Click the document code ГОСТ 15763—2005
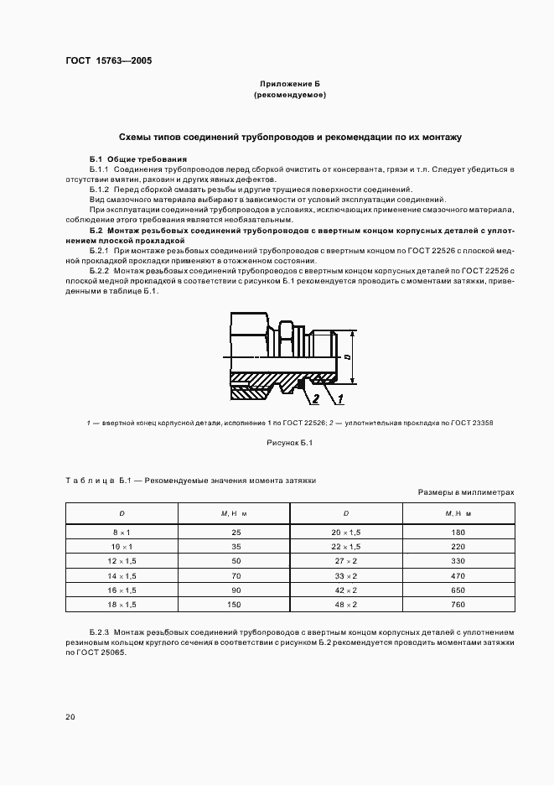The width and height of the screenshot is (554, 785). [109, 61]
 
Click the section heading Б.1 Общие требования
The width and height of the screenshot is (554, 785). [137, 159]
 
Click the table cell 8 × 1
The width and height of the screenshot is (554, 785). [122, 533]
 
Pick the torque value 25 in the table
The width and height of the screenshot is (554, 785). [235, 533]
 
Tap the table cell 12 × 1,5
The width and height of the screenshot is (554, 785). [122, 559]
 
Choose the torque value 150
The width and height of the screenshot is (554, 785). [235, 604]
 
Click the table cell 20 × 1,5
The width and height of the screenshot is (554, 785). [345, 533]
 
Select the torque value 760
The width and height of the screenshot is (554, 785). [458, 604]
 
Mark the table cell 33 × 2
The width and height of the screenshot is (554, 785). [345, 576]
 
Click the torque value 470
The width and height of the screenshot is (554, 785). [458, 576]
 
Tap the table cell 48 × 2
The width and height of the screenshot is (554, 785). [345, 604]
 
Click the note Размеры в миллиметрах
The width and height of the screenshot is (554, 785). [465, 492]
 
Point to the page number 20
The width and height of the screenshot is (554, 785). [70, 716]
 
